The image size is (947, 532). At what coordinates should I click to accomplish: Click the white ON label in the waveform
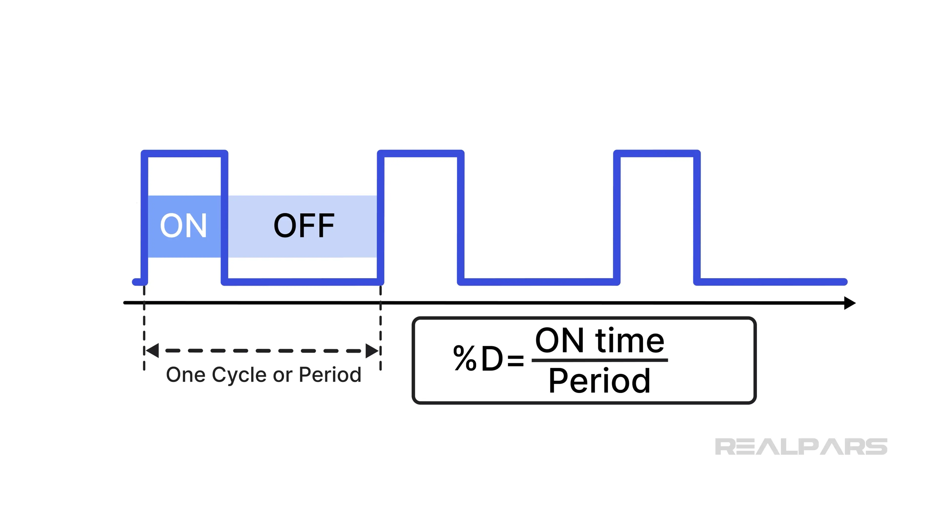tap(183, 225)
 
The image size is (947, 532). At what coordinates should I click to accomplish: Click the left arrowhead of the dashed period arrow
tap(152, 351)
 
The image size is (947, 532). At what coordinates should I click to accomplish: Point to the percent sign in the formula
tap(465, 358)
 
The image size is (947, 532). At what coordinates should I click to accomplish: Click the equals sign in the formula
tap(515, 360)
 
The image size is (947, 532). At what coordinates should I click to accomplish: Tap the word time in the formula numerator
tap(629, 341)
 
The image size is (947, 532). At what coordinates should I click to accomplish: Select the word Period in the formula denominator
tap(599, 381)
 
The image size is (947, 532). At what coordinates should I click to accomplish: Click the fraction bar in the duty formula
tap(599, 360)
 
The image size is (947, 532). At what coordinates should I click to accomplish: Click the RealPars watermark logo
tap(801, 447)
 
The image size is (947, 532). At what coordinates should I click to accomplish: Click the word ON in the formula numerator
tap(559, 341)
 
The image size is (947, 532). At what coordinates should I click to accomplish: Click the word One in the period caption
tap(186, 375)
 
